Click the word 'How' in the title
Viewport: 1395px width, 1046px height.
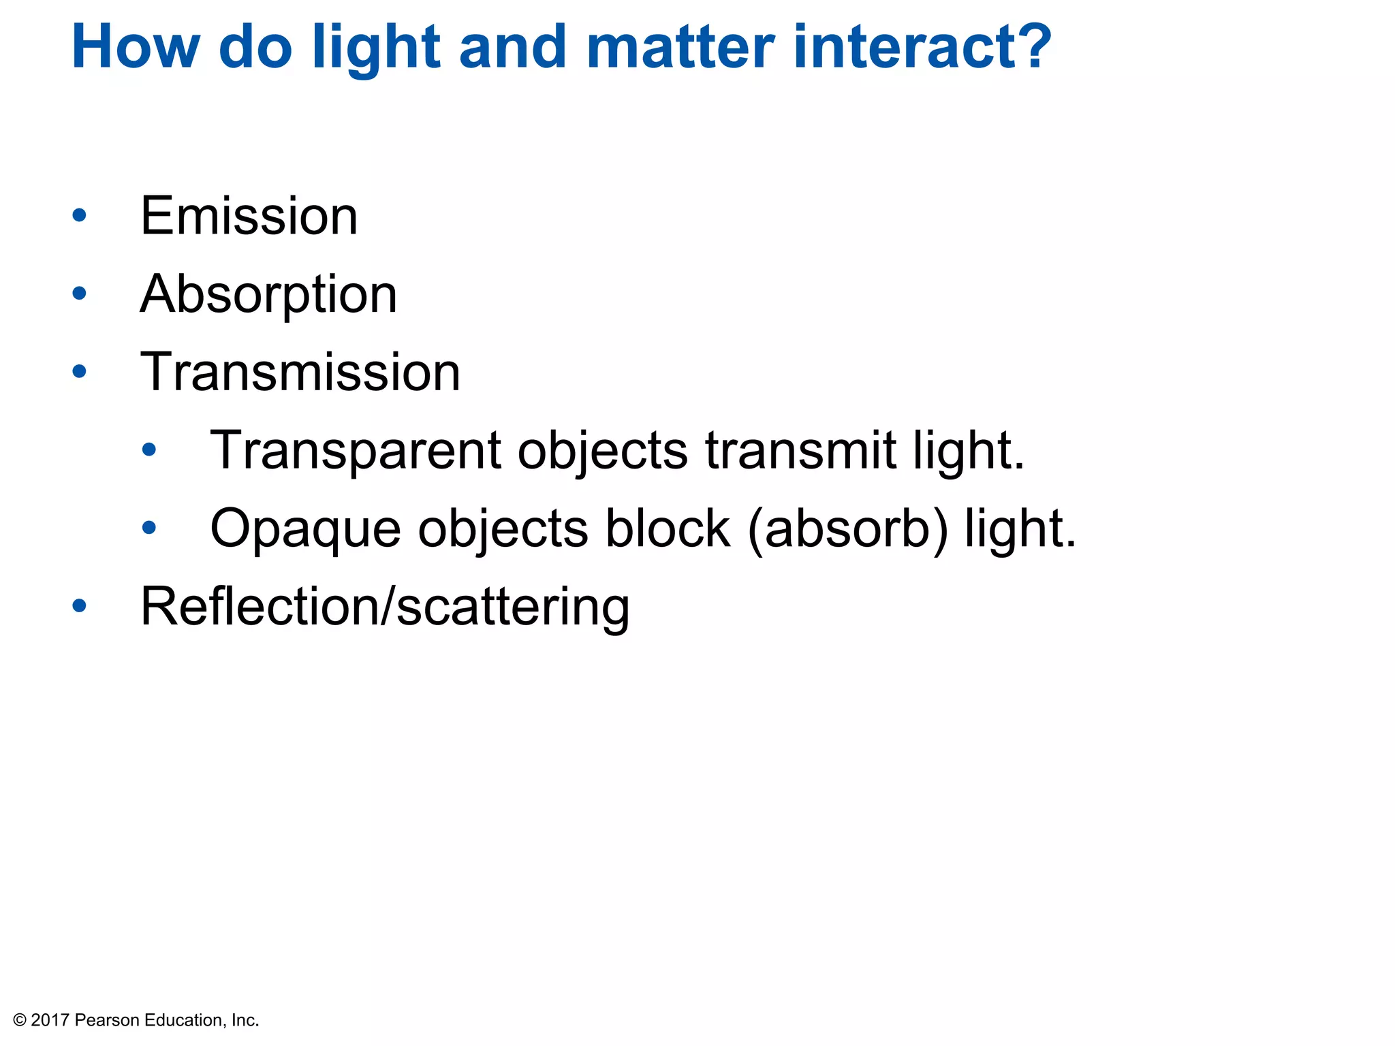[x=136, y=48]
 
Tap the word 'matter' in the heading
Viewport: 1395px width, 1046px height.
[x=679, y=48]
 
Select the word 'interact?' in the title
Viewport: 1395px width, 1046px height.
[x=923, y=48]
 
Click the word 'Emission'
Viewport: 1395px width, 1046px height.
[x=249, y=216]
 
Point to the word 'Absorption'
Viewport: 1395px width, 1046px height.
[x=268, y=295]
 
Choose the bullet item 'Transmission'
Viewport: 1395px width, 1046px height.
[x=300, y=373]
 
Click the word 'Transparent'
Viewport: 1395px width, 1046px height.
[x=356, y=451]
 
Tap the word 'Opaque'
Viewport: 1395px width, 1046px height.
[x=306, y=529]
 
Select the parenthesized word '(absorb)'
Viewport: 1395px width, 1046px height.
[x=847, y=529]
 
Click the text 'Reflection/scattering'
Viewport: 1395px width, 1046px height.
[x=385, y=607]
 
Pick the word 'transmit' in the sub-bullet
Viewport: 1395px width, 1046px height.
[x=800, y=451]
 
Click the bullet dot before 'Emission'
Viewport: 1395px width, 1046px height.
[x=80, y=216]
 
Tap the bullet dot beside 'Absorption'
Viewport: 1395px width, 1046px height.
[x=80, y=294]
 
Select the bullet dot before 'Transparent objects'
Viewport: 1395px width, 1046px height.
[x=149, y=449]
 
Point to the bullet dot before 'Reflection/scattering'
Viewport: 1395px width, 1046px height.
[x=80, y=606]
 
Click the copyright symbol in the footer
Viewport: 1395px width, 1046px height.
[x=20, y=1020]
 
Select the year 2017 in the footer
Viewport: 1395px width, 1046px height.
[x=50, y=1020]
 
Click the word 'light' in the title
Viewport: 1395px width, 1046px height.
[x=376, y=48]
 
